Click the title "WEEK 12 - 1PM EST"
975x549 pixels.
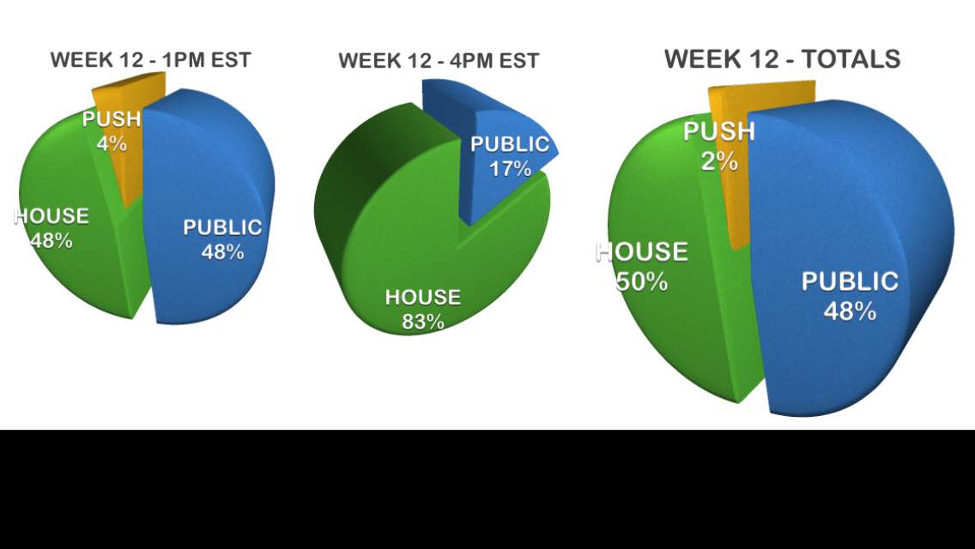coord(150,60)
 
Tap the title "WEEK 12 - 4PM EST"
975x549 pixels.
coord(439,61)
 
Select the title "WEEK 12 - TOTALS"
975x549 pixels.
coord(782,59)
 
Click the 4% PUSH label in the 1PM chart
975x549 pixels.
coord(112,131)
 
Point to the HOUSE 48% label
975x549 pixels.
coord(51,228)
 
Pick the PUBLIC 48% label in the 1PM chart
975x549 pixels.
coord(222,239)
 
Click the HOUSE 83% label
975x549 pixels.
coord(423,309)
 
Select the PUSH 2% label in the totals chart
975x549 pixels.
coord(719,146)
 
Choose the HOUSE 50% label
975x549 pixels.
coord(642,266)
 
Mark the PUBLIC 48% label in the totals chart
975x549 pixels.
coord(850,295)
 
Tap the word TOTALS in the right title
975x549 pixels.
coord(851,59)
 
